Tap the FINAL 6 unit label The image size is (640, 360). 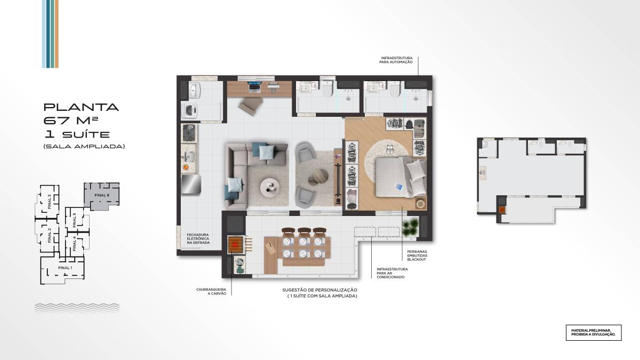click(x=102, y=195)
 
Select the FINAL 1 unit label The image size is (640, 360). click(x=65, y=268)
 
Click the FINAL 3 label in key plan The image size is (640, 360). click(x=50, y=202)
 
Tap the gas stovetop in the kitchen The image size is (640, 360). click(x=189, y=133)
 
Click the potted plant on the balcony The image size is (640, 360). click(x=411, y=227)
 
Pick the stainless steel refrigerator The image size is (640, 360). click(x=191, y=184)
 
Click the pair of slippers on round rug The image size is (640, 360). click(x=390, y=149)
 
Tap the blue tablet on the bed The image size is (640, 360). click(x=398, y=187)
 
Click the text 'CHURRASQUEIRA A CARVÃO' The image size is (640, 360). click(x=211, y=291)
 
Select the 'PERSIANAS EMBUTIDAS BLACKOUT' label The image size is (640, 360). click(x=417, y=255)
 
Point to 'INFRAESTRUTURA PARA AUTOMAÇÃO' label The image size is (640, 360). click(x=396, y=60)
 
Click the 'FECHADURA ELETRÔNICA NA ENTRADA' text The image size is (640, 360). click(x=198, y=239)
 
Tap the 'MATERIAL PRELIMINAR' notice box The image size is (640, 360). click(x=594, y=333)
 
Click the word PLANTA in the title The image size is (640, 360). click(x=81, y=107)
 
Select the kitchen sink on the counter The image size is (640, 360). click(x=189, y=156)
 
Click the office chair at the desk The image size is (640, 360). click(x=251, y=106)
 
